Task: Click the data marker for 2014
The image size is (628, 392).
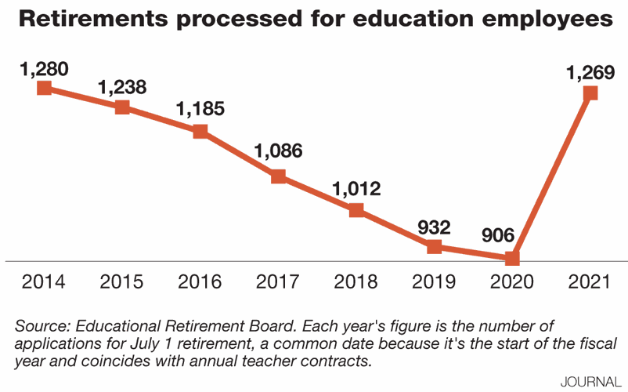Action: click(x=45, y=88)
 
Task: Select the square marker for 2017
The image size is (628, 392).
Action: click(x=278, y=176)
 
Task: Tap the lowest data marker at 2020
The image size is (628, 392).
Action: click(x=512, y=258)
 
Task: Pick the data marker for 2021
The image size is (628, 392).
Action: click(x=590, y=93)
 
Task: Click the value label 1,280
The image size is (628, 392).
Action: click(x=45, y=68)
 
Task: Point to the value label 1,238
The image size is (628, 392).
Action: click(x=122, y=87)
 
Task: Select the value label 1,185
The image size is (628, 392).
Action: click(x=200, y=109)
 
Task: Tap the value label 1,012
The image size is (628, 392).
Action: click(x=356, y=189)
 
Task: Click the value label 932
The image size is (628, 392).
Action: click(x=435, y=227)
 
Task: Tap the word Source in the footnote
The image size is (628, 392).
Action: click(x=41, y=325)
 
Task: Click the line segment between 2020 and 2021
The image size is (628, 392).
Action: click(x=550, y=176)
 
